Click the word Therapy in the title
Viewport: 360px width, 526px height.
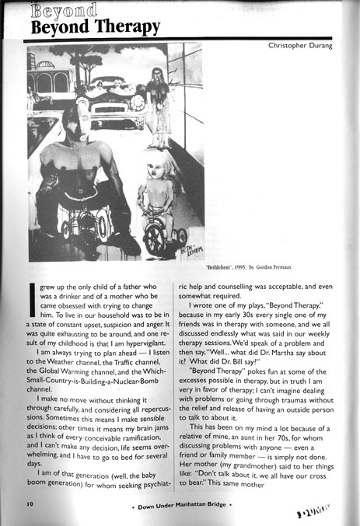click(125, 28)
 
